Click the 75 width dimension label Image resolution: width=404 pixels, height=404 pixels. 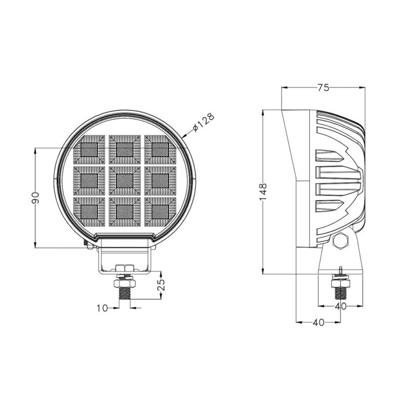[323, 88]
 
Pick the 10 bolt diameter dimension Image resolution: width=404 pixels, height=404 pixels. [103, 308]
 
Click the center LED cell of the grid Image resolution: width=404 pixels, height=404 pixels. [124, 179]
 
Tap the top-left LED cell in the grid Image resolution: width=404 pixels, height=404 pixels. [89, 149]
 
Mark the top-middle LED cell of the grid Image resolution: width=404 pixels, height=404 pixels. [124, 149]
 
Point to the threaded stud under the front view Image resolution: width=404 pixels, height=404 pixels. [124, 291]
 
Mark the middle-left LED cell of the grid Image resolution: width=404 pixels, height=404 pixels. [89, 179]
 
